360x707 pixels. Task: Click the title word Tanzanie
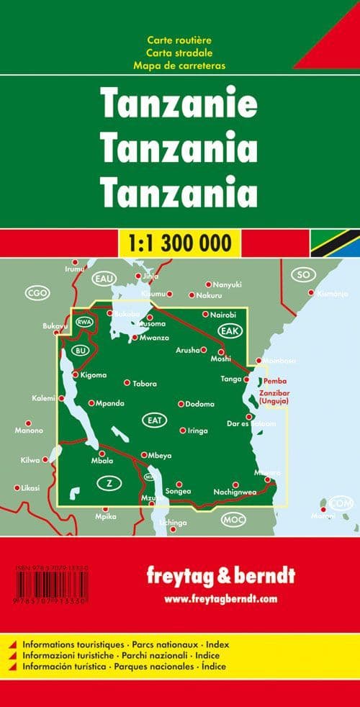tap(179, 105)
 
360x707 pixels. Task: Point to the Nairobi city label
tap(219, 314)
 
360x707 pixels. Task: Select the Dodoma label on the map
tap(199, 404)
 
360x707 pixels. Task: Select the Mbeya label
tap(159, 454)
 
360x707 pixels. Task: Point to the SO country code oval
tap(303, 275)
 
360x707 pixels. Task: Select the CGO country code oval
tap(35, 292)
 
